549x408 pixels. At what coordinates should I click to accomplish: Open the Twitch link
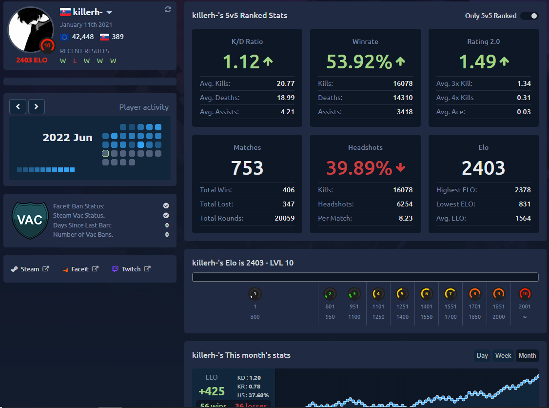[x=131, y=269]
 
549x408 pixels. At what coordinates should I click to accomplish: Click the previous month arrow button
[x=18, y=106]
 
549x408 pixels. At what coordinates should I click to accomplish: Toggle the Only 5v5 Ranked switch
[x=529, y=16]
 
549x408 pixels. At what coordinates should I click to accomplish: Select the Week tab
[x=503, y=355]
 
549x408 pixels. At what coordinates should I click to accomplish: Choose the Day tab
[x=482, y=355]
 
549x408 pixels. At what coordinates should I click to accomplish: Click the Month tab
[x=527, y=355]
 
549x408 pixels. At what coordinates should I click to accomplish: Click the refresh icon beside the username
[x=168, y=9]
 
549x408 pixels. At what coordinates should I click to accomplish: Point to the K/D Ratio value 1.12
[x=241, y=62]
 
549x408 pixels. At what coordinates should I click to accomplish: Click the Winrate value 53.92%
[x=359, y=62]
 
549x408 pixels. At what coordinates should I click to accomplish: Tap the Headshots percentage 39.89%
[x=359, y=168]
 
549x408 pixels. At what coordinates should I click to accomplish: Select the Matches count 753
[x=247, y=168]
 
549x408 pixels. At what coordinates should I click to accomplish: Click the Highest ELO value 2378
[x=523, y=190]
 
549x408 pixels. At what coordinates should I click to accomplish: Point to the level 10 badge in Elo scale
[x=525, y=294]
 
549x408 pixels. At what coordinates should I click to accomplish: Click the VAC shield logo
[x=30, y=220]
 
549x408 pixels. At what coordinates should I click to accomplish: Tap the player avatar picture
[x=30, y=30]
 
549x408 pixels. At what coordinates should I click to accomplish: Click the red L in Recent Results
[x=75, y=61]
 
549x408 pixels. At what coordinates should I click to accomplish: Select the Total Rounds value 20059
[x=285, y=218]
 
